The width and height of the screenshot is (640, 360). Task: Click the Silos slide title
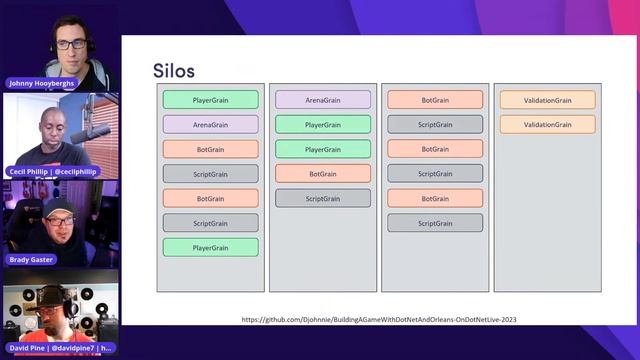174,70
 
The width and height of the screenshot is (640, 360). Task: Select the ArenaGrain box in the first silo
210,125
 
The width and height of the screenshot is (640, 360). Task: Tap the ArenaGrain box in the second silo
322,100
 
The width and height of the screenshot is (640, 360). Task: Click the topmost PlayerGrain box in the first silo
210,100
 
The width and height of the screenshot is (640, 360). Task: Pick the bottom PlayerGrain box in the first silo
210,247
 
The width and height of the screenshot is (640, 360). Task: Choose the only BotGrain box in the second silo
322,173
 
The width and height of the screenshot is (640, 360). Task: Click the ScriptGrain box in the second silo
322,198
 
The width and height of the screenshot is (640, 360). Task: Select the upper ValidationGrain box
547,100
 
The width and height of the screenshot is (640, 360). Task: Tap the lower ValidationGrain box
547,125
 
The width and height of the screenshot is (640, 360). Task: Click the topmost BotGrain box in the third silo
435,100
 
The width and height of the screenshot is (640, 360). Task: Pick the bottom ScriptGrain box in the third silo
435,222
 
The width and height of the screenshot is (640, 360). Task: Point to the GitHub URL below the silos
379,320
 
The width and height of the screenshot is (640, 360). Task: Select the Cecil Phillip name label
54,172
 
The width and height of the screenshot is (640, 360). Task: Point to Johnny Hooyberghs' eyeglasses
70,44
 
